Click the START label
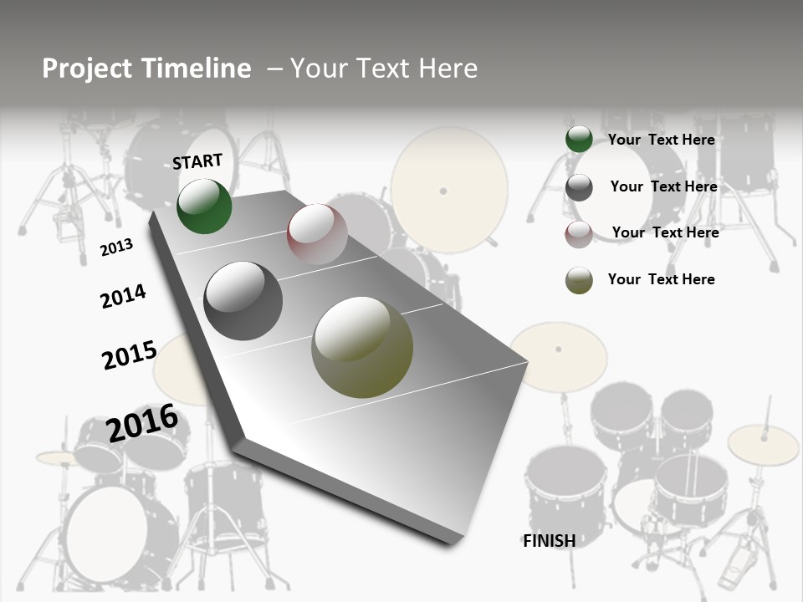197,161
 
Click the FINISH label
549,541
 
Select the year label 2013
116,247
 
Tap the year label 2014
123,296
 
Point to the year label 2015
129,355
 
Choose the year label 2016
142,423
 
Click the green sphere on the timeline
204,207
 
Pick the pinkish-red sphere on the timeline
317,234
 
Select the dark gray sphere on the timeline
243,301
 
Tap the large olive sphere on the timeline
362,347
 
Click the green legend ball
579,140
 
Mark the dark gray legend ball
579,187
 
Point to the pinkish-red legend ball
579,233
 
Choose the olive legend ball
579,280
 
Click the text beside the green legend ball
661,140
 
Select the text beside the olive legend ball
661,279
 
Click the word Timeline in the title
197,69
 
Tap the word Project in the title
86,69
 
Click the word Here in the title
448,69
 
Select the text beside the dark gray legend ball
663,186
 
